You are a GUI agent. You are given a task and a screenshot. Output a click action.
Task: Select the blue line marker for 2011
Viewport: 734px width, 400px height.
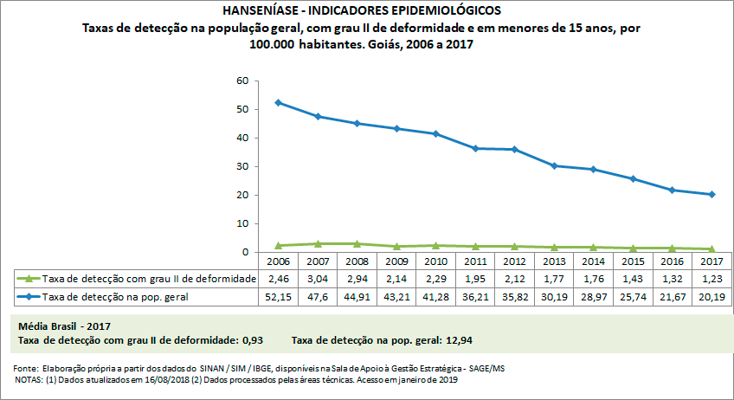tap(475, 148)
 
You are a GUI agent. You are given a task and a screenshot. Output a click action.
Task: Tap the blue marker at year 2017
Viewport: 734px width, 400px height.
tap(711, 194)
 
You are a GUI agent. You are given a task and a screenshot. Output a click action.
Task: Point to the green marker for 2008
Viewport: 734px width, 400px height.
tap(357, 244)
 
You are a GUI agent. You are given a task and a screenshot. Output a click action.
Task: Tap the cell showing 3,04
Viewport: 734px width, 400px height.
tap(318, 279)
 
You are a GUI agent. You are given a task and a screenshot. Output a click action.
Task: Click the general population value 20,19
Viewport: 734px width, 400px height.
tap(711, 297)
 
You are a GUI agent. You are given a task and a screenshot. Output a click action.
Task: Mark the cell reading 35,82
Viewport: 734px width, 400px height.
tap(515, 297)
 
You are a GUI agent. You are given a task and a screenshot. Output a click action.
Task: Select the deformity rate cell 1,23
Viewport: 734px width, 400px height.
tap(711, 279)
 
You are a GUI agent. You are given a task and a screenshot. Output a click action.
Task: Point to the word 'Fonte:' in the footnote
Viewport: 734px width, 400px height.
tap(27, 368)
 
